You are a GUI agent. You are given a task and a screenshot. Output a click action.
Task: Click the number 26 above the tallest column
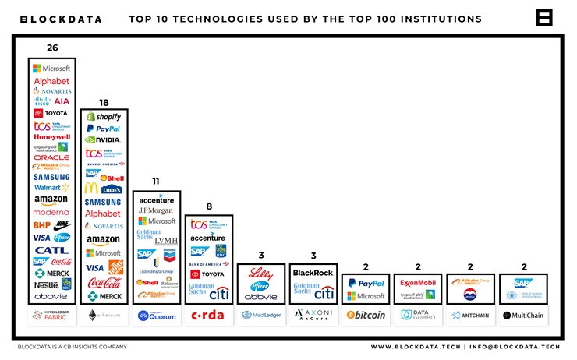click(x=52, y=48)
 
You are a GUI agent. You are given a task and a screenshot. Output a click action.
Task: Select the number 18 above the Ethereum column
click(x=104, y=101)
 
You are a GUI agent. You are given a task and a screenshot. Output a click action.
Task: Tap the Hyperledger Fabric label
click(x=52, y=316)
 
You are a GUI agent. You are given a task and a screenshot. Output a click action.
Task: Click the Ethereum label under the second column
click(x=104, y=316)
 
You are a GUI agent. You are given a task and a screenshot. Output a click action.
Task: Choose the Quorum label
click(x=156, y=316)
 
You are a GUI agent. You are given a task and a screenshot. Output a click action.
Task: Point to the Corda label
click(x=208, y=316)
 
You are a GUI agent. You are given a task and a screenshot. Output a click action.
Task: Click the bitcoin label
click(x=366, y=316)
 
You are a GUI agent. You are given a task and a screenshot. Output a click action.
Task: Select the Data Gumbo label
click(x=418, y=316)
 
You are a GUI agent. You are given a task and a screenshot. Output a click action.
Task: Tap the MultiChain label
click(x=522, y=316)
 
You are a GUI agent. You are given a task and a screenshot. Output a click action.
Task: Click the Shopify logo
click(x=104, y=116)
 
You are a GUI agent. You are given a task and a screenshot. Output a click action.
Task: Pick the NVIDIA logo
click(x=104, y=140)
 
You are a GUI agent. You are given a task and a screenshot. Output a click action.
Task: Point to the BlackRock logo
click(x=313, y=273)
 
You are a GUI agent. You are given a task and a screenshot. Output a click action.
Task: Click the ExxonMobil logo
click(x=418, y=283)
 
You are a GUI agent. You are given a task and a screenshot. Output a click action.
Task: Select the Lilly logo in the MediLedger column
click(x=260, y=274)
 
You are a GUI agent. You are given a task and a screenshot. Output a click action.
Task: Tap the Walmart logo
click(x=52, y=188)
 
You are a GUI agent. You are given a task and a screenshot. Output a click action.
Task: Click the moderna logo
click(x=51, y=213)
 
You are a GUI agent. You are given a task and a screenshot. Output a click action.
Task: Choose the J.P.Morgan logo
click(x=156, y=210)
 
